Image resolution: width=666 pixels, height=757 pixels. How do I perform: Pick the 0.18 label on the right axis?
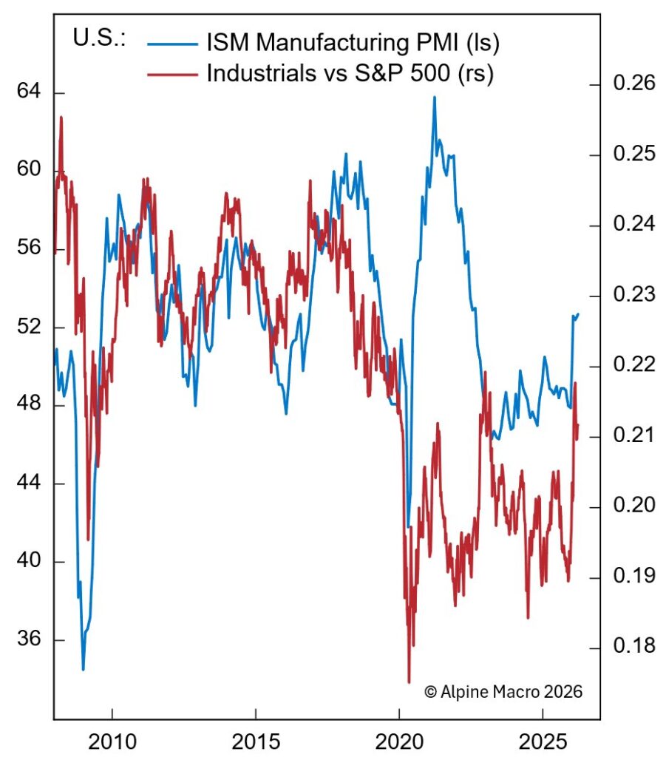click(x=633, y=647)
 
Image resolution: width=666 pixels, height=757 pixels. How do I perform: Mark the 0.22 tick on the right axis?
click(x=633, y=365)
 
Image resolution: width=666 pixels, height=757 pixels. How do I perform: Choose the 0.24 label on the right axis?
click(x=633, y=225)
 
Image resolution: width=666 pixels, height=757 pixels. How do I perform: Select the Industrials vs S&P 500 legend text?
click(x=350, y=74)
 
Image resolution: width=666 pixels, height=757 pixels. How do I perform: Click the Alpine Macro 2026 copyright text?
click(x=503, y=692)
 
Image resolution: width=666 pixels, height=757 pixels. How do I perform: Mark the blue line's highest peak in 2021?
click(x=435, y=97)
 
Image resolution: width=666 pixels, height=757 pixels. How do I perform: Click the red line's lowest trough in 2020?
click(x=409, y=682)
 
